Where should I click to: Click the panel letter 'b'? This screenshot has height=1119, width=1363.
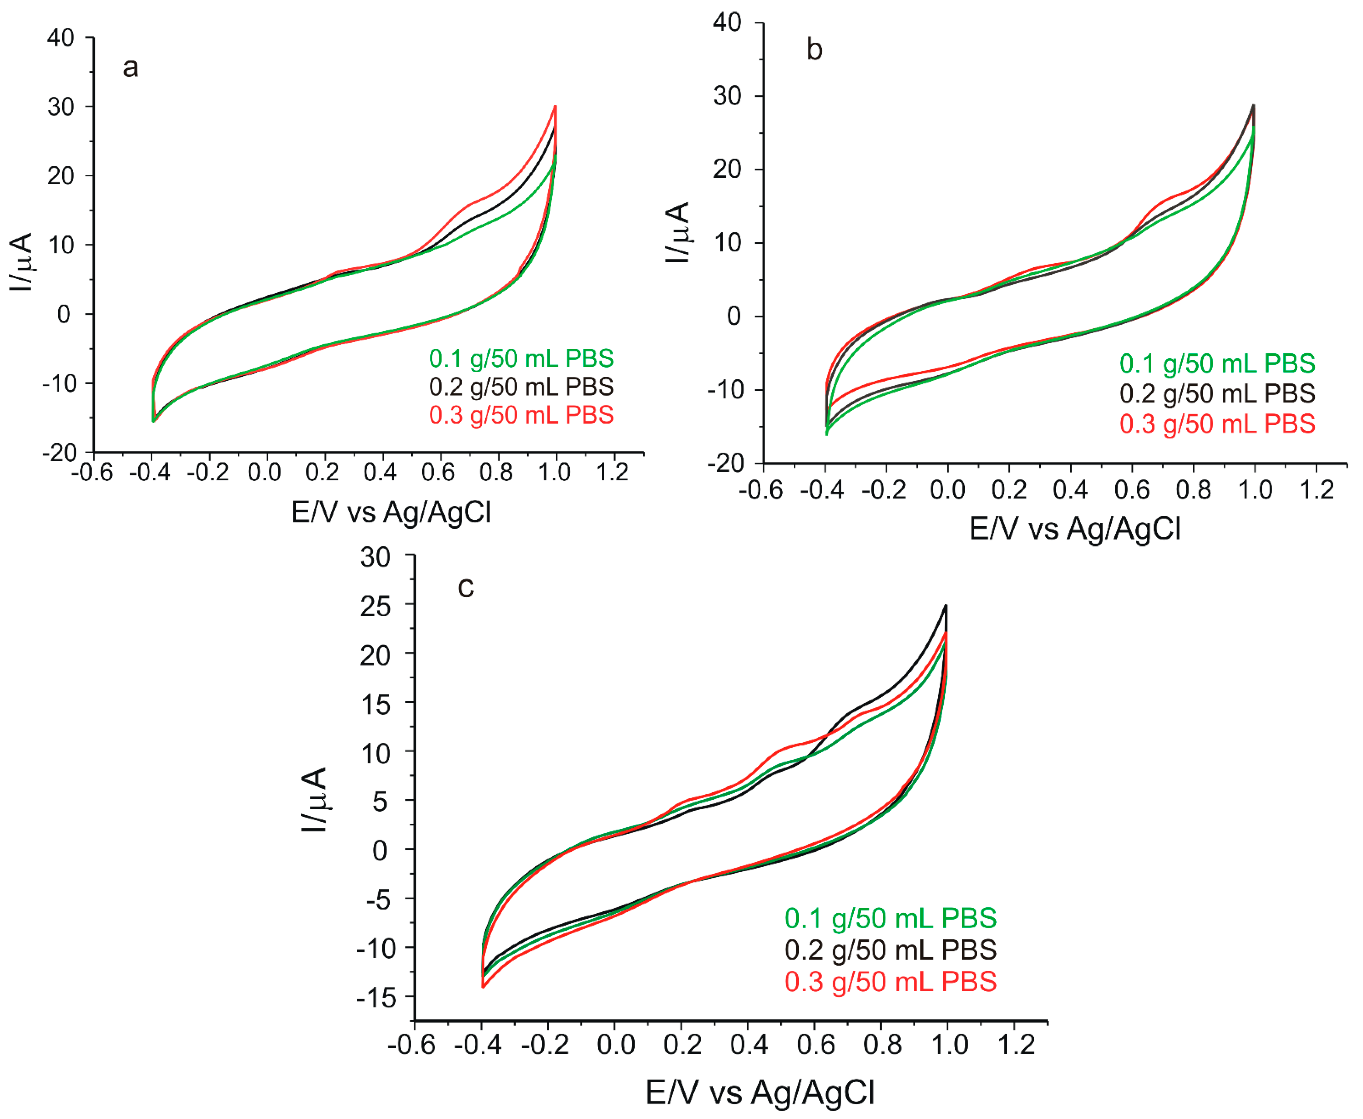(x=814, y=50)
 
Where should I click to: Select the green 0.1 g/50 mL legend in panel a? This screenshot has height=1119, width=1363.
(x=521, y=358)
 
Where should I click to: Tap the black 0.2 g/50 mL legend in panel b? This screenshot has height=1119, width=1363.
(x=1217, y=393)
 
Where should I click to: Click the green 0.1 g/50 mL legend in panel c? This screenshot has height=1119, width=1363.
(x=890, y=918)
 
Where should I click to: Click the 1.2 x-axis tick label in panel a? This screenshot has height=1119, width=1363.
(x=612, y=473)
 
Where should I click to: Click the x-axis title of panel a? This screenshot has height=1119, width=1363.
(x=391, y=512)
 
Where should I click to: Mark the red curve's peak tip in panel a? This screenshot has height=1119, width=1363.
(x=555, y=106)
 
